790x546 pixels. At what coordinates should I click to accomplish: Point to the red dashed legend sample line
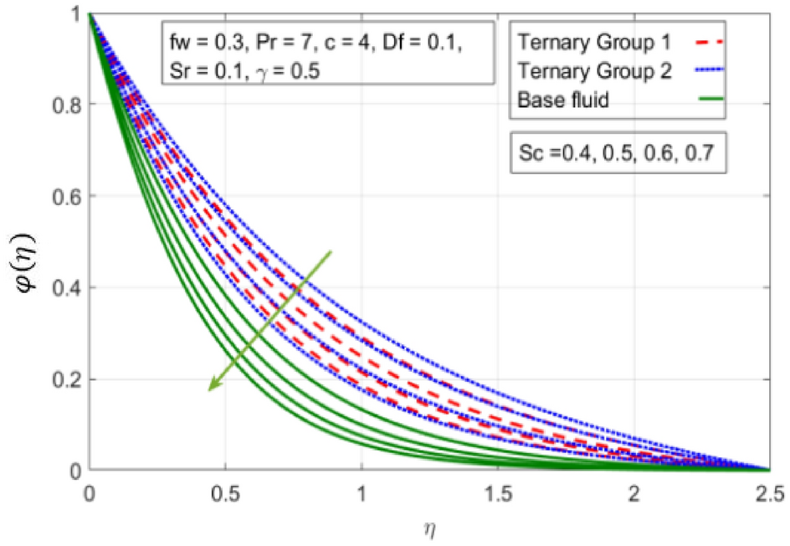point(705,39)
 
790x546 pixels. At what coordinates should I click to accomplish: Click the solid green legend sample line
point(705,102)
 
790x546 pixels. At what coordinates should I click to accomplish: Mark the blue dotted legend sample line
point(705,71)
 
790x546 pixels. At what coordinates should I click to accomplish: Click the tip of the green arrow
point(209,389)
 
